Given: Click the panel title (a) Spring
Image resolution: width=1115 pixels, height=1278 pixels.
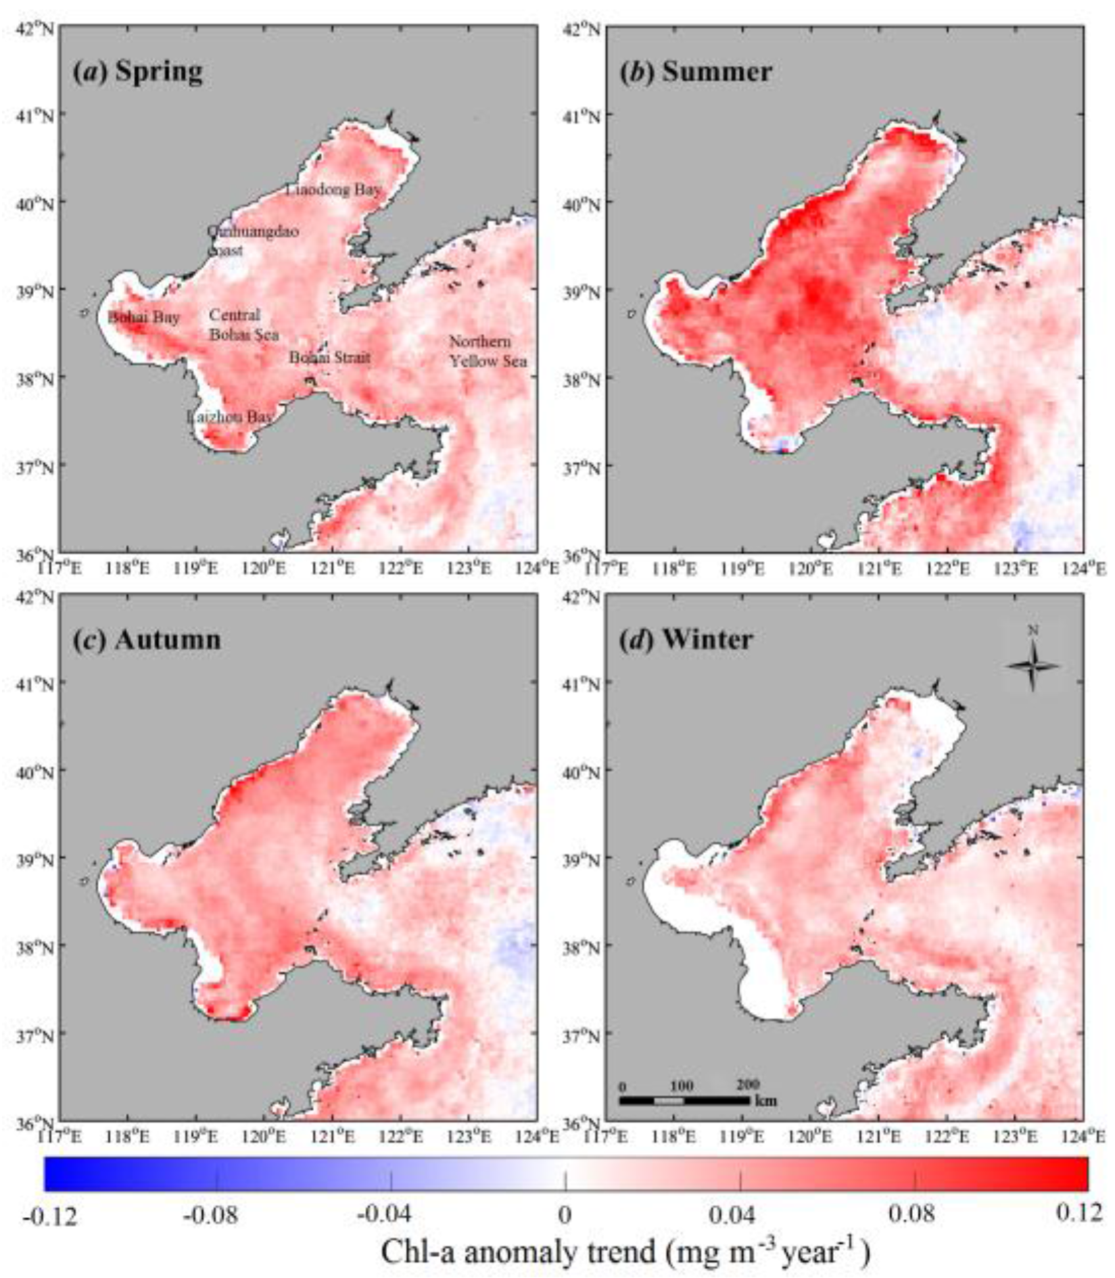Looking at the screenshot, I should tap(137, 72).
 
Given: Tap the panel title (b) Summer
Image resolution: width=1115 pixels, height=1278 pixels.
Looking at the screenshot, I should tap(695, 72).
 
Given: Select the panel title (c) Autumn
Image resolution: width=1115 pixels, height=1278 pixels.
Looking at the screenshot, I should tap(147, 640).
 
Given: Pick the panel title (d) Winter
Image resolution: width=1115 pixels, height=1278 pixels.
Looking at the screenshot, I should tap(686, 640).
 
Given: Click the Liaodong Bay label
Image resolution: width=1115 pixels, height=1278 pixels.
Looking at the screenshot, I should tap(333, 189).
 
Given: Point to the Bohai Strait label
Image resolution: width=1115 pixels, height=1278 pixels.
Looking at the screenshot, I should tap(330, 357).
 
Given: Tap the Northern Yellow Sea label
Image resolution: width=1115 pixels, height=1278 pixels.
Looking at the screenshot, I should tap(488, 351).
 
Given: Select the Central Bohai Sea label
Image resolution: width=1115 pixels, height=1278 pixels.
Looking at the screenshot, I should tap(243, 325).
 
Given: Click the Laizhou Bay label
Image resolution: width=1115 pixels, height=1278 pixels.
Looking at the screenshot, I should tap(229, 417).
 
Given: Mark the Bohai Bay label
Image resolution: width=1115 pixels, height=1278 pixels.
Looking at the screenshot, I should tap(143, 317).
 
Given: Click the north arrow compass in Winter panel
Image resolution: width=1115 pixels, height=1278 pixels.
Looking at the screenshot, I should tap(1033, 665).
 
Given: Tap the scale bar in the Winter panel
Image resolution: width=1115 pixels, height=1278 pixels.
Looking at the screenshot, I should tap(684, 1101).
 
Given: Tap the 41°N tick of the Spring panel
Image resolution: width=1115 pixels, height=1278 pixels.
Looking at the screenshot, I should tap(36, 116).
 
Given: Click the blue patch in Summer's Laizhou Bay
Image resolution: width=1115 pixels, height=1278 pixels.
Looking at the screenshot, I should tap(783, 446).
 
